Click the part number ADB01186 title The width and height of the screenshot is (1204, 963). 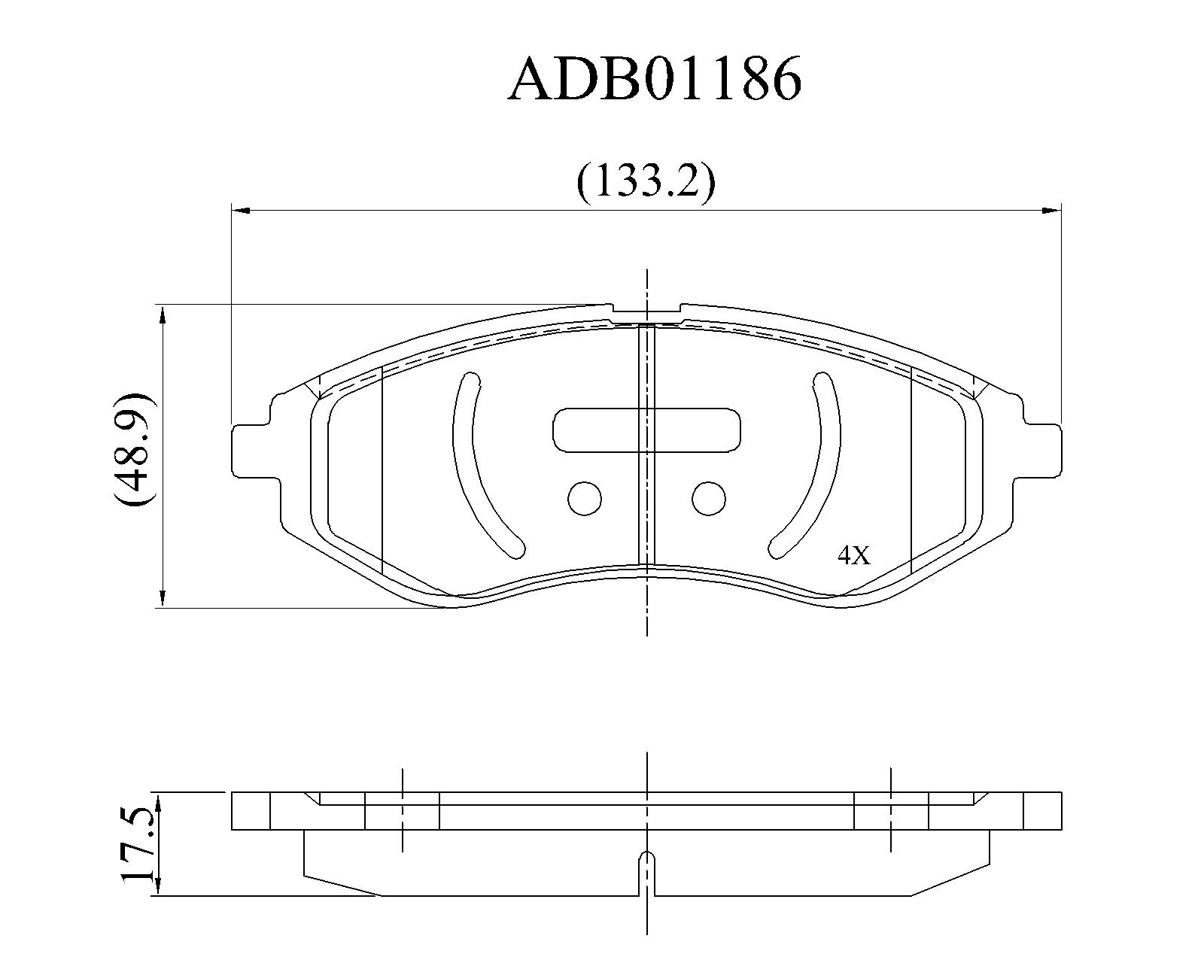pos(655,80)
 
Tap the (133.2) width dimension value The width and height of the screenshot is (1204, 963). pos(646,182)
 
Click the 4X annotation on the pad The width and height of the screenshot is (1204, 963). pos(854,555)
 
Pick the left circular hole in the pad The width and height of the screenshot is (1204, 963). pos(585,498)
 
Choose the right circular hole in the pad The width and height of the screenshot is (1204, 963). pos(709,498)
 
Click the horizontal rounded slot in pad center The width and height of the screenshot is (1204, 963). pos(647,430)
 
